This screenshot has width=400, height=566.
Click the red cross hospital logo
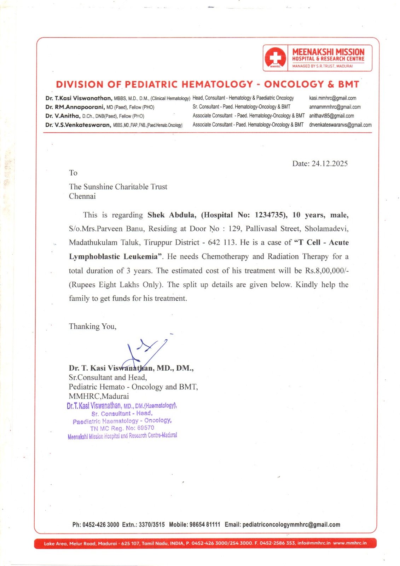point(276,58)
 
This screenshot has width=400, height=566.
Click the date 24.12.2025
point(330,163)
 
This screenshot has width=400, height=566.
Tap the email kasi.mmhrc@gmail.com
point(332,98)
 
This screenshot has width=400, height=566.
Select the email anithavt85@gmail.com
point(331,116)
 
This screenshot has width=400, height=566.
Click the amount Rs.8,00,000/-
point(327,271)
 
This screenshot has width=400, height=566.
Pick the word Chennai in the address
point(82,196)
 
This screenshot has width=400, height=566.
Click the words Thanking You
point(92,326)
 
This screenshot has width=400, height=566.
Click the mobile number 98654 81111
point(204,525)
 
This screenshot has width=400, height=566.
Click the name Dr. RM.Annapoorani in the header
point(75,107)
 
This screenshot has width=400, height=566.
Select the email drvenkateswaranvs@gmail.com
point(340,125)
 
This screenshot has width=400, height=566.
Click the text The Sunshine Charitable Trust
point(118,187)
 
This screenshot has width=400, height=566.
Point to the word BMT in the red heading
point(348,84)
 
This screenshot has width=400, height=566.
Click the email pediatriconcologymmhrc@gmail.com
point(291,525)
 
